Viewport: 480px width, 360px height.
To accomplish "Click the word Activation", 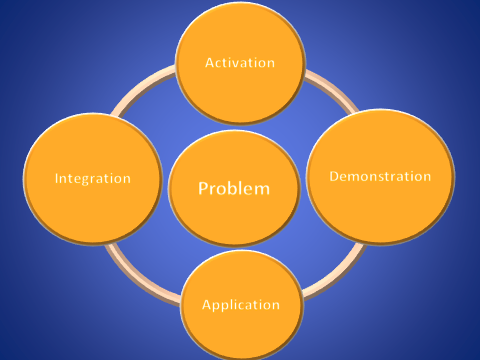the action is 239,62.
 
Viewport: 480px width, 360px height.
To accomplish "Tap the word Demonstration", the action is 380,176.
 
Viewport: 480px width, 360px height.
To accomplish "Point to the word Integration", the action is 94,179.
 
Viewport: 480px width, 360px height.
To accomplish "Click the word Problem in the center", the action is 234,188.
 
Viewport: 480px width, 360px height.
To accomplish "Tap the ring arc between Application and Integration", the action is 140,264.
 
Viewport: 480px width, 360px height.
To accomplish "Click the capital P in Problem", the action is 203,188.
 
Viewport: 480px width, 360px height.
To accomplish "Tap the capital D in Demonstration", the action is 334,176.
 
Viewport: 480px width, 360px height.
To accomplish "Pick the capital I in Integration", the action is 58,179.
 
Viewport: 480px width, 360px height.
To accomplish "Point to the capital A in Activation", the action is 209,62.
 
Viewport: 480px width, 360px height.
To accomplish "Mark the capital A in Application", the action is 206,304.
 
